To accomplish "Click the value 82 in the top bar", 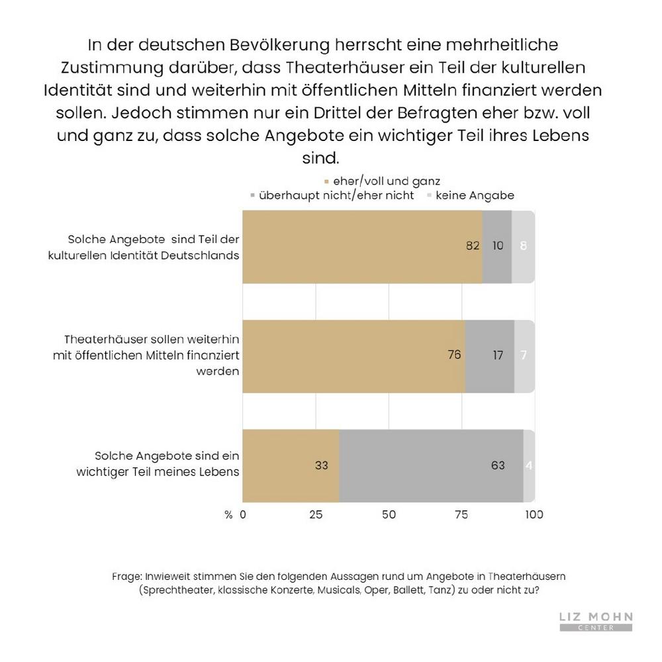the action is pyautogui.click(x=473, y=246).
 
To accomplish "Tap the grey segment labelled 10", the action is pyautogui.click(x=497, y=246).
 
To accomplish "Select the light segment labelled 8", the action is pyautogui.click(x=524, y=246).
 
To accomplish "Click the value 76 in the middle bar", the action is pyautogui.click(x=454, y=354).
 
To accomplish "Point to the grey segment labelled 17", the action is pyautogui.click(x=490, y=356).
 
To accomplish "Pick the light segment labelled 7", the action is pyautogui.click(x=525, y=356).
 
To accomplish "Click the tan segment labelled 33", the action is pyautogui.click(x=291, y=466).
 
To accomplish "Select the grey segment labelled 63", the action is pyautogui.click(x=431, y=466).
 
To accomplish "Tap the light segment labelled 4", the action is pyautogui.click(x=530, y=466).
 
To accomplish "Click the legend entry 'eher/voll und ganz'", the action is pyautogui.click(x=382, y=181).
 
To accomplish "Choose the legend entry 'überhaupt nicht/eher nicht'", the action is pyautogui.click(x=332, y=195).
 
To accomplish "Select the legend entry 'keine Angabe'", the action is pyautogui.click(x=471, y=195).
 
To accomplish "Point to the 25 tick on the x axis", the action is pyautogui.click(x=316, y=514).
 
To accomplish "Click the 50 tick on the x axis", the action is pyautogui.click(x=389, y=514).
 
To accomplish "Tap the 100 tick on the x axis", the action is pyautogui.click(x=534, y=514).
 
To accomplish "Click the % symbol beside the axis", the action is pyautogui.click(x=228, y=514).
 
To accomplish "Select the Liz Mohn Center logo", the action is pyautogui.click(x=596, y=621).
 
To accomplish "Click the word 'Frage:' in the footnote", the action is pyautogui.click(x=126, y=577).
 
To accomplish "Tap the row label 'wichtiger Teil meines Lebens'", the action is pyautogui.click(x=158, y=472).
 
